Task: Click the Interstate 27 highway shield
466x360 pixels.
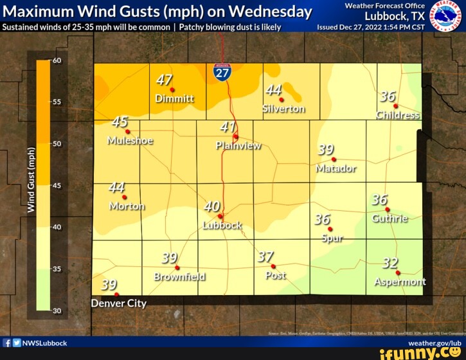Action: coord(222,72)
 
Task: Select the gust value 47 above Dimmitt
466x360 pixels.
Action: coord(165,80)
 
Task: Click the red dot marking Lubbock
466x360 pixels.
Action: coord(220,216)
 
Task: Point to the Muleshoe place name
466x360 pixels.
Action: coord(130,141)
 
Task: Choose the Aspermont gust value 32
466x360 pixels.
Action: coord(390,264)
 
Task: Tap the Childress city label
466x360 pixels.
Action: coord(398,115)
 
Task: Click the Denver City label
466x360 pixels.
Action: coord(119,303)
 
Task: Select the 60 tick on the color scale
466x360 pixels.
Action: coord(55,60)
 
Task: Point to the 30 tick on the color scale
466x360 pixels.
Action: coord(55,310)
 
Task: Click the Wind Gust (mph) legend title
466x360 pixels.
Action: coord(31,179)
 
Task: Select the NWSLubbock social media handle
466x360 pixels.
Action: coord(44,343)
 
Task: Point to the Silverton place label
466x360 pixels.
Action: coord(283,109)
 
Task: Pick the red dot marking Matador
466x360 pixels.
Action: coord(334,159)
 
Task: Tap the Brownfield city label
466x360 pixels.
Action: coord(180,276)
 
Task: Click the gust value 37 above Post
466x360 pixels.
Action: coord(265,257)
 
